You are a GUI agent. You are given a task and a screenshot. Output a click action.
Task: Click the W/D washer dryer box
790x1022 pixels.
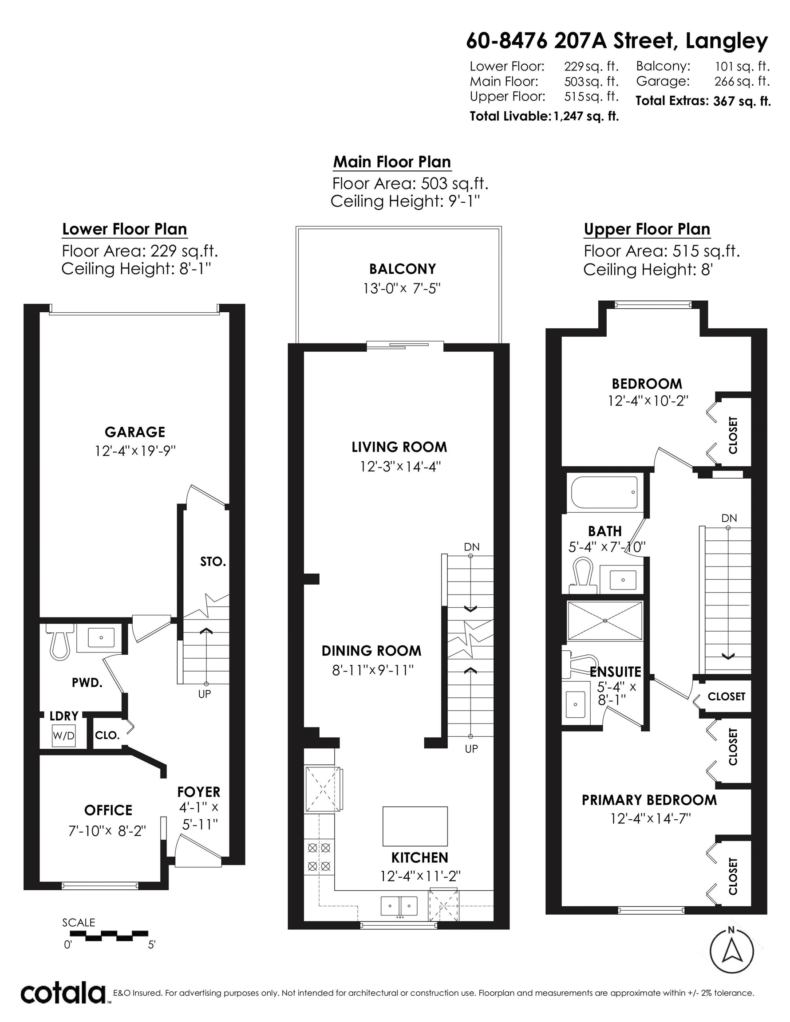pos(63,735)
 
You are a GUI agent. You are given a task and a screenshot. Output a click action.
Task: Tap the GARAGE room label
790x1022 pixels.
pos(135,432)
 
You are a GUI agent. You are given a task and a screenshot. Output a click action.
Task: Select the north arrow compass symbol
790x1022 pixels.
pos(731,951)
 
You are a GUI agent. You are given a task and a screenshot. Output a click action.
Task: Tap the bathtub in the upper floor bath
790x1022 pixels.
pos(604,493)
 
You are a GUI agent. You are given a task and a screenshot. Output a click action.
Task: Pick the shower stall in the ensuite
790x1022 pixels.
pos(605,621)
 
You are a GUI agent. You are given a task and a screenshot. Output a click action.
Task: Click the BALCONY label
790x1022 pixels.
pos(402,269)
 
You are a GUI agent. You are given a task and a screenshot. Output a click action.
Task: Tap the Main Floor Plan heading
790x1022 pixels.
pos(392,162)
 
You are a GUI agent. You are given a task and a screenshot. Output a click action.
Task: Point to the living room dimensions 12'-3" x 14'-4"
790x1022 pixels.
pos(400,467)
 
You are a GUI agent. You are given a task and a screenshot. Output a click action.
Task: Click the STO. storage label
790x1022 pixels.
pos(213,562)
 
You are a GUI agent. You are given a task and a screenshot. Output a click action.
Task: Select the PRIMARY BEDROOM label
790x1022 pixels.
pos(649,800)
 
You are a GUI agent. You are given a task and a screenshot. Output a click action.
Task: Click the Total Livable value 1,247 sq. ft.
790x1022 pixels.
pos(586,116)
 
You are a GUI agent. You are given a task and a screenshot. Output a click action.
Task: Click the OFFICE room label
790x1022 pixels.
pos(108,810)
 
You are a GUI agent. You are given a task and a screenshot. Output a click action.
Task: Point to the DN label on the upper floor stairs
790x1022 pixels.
pos(729,518)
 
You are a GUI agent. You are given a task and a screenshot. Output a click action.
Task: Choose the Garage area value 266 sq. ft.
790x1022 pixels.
pos(742,82)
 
